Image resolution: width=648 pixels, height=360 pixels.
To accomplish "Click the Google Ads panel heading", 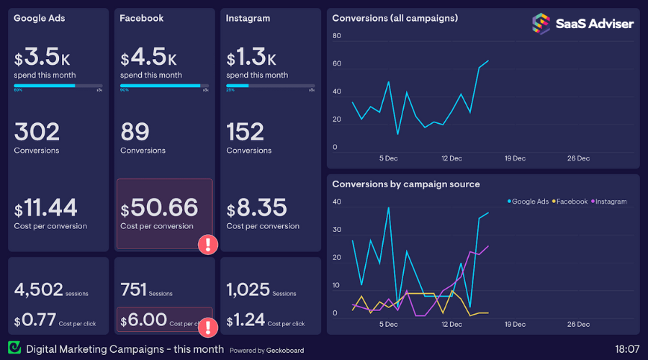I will pyautogui.click(x=40, y=18).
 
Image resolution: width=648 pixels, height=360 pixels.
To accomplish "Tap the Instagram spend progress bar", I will pyautogui.click(x=270, y=86).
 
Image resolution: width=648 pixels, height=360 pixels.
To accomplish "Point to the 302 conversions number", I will pyautogui.click(x=37, y=132).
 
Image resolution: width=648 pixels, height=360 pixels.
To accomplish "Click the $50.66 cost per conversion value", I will pyautogui.click(x=159, y=208).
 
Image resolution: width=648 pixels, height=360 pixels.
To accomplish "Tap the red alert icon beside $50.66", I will pyautogui.click(x=208, y=244).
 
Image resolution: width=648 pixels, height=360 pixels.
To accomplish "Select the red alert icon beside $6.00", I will pyautogui.click(x=208, y=328).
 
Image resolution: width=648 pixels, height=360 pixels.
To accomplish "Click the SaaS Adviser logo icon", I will pyautogui.click(x=541, y=24).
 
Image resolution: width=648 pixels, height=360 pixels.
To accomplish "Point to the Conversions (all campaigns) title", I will pyautogui.click(x=395, y=18).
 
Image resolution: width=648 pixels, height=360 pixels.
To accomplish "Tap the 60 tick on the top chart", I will pyautogui.click(x=336, y=64).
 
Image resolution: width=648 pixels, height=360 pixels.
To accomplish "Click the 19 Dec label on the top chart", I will pyautogui.click(x=515, y=158).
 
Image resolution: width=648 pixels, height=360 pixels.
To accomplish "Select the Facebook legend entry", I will pyautogui.click(x=572, y=202).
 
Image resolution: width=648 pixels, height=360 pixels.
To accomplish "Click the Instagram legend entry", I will pyautogui.click(x=611, y=202).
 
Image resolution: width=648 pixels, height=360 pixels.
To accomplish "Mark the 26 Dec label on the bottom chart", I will pyautogui.click(x=578, y=325).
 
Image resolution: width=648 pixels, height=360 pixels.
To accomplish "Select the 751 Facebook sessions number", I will pyautogui.click(x=133, y=290).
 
